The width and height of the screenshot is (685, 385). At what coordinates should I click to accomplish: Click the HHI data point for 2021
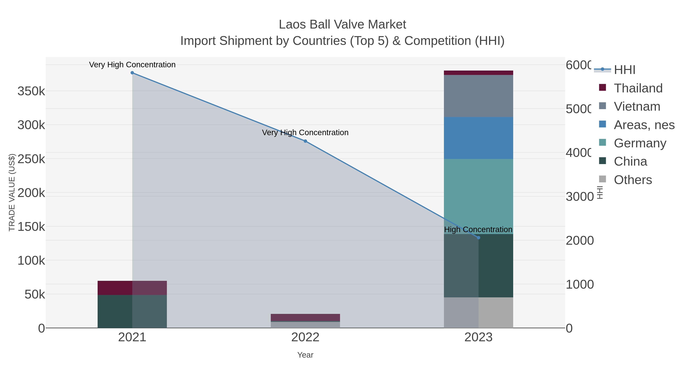[x=132, y=73]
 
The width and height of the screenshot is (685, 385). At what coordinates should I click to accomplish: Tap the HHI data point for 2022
[x=305, y=141]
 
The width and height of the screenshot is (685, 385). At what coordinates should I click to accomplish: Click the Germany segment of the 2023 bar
[x=478, y=196]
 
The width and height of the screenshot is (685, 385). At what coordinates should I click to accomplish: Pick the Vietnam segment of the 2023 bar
[x=478, y=96]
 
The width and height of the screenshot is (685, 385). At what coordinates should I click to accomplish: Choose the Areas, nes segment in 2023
[x=478, y=138]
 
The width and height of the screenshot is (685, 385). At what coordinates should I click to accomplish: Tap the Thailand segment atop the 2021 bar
[x=132, y=288]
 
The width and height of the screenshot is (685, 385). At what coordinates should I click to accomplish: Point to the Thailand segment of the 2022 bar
[x=305, y=317]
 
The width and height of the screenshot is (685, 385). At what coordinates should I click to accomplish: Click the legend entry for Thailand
[x=638, y=88]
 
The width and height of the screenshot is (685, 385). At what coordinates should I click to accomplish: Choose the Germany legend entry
[x=640, y=143]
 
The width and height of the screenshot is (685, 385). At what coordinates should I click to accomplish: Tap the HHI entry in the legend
[x=624, y=70]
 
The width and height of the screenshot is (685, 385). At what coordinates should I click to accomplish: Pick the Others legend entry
[x=633, y=180]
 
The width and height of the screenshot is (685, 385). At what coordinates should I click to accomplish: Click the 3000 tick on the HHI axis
[x=579, y=197]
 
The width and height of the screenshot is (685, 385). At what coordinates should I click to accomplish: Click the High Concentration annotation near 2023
[x=478, y=229]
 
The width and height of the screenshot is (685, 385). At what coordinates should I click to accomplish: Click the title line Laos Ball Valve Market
[x=342, y=25]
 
